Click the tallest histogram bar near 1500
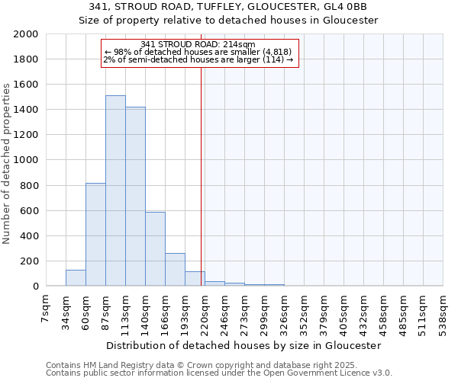point(115,190)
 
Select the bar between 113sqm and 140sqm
point(135,197)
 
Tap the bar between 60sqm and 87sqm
point(95,235)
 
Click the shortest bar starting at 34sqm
point(76,278)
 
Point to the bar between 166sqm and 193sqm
point(175,270)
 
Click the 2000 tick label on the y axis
point(25,34)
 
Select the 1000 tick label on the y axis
point(25,160)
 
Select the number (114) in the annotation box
point(275,59)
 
